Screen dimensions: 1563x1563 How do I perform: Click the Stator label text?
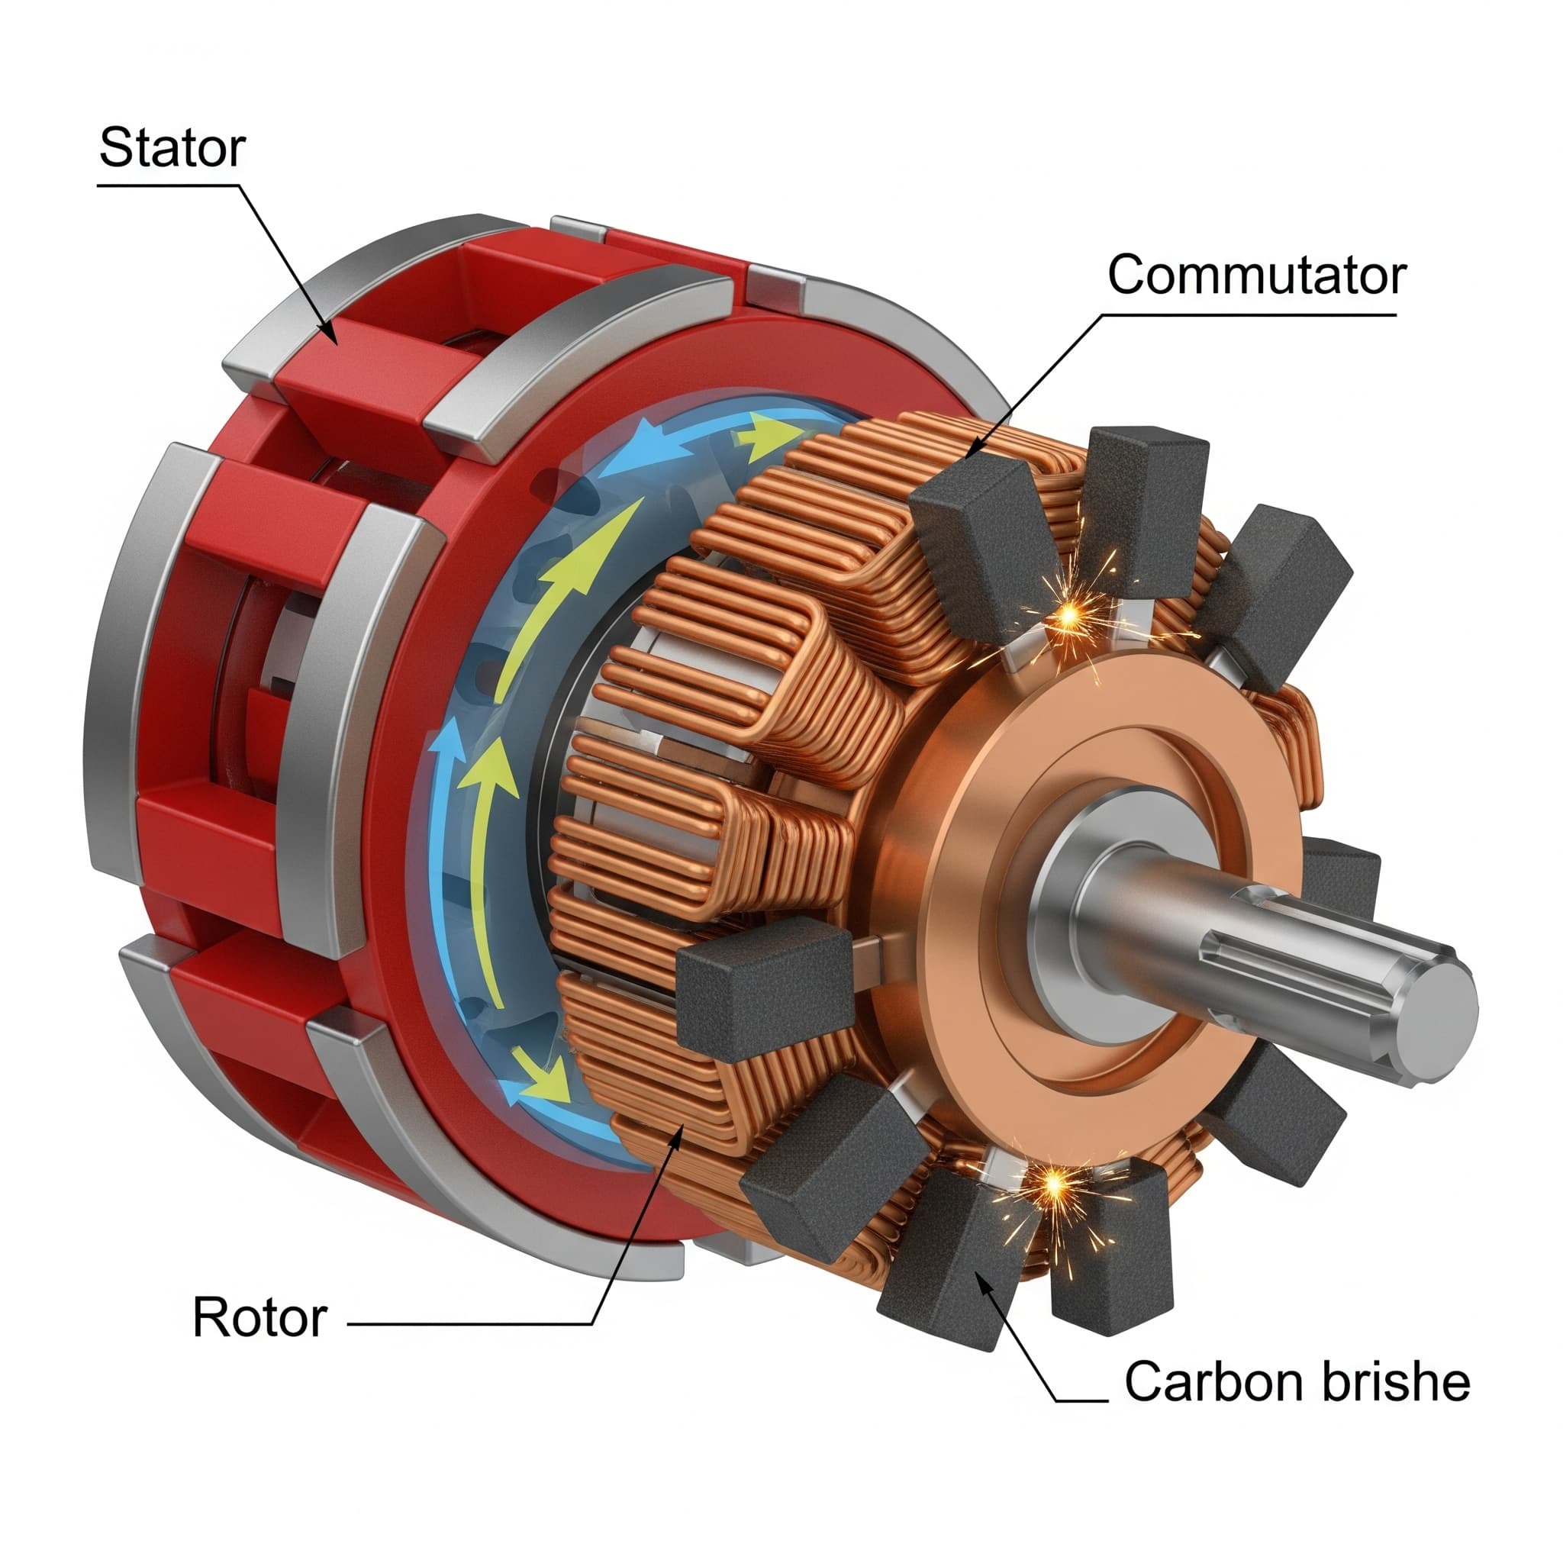coord(172,148)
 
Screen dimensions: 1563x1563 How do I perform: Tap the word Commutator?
coord(1256,275)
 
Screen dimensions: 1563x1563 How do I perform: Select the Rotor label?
coord(259,1317)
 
